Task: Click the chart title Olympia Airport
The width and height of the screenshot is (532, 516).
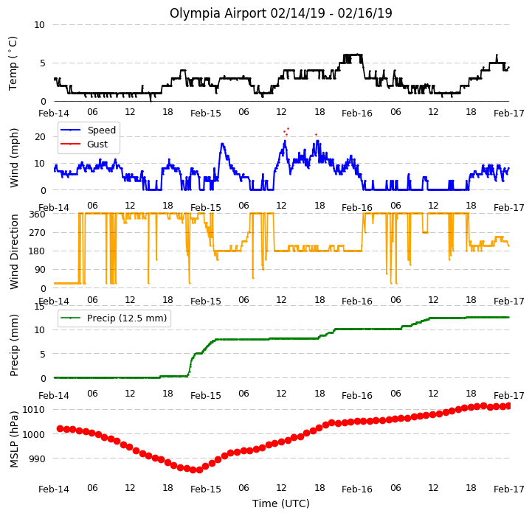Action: [x=218, y=13]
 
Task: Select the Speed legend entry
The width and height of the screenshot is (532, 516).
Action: [x=89, y=130]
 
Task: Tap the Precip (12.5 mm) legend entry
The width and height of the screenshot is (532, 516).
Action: [x=114, y=318]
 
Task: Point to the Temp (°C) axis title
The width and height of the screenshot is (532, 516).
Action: [x=13, y=63]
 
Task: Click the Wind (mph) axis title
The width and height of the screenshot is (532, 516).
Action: [x=13, y=158]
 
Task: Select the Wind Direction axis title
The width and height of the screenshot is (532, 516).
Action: [x=13, y=251]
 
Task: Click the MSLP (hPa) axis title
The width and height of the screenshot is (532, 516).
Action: [x=13, y=440]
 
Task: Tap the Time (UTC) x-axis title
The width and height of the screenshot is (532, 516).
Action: [x=281, y=503]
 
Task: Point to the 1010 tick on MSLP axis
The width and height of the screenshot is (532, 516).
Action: [x=34, y=410]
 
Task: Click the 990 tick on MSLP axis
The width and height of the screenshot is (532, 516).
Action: [x=37, y=459]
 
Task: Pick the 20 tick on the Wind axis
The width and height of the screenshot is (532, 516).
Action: [x=40, y=137]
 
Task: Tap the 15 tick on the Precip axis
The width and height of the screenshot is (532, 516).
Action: [x=39, y=307]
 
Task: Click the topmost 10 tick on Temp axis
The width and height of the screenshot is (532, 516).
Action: [x=39, y=25]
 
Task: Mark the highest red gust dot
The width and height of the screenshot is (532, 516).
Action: [x=288, y=128]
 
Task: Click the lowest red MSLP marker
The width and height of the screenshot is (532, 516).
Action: [x=199, y=470]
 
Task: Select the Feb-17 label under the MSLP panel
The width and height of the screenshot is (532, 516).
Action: [x=509, y=489]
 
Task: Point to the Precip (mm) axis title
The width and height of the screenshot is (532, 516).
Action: [x=13, y=346]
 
